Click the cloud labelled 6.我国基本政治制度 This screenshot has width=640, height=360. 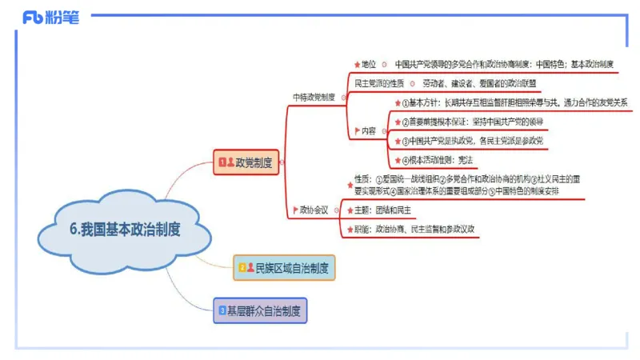click(x=125, y=229)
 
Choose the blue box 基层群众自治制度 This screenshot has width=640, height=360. click(x=260, y=310)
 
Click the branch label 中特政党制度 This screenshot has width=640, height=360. click(x=314, y=98)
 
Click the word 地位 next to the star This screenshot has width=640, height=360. click(x=369, y=65)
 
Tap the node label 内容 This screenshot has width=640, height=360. click(x=369, y=130)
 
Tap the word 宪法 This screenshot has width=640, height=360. click(x=465, y=160)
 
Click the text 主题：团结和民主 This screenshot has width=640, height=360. click(x=383, y=210)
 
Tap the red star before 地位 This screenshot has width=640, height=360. click(x=357, y=65)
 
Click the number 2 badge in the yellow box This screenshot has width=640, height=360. click(x=240, y=267)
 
